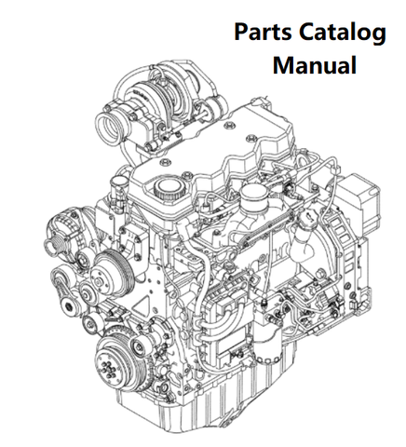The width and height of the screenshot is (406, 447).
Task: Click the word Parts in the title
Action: click(263, 32)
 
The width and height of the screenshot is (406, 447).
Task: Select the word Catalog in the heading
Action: click(343, 34)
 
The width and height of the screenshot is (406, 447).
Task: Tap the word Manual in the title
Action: click(315, 64)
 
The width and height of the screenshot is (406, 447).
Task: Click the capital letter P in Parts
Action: click(241, 32)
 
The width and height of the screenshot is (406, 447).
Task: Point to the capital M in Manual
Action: click(283, 65)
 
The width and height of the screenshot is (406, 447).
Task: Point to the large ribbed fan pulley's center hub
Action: click(99, 281)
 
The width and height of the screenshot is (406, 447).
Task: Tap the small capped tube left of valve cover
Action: click(119, 187)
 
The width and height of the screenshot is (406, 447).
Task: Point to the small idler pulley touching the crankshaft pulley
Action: click(138, 345)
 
